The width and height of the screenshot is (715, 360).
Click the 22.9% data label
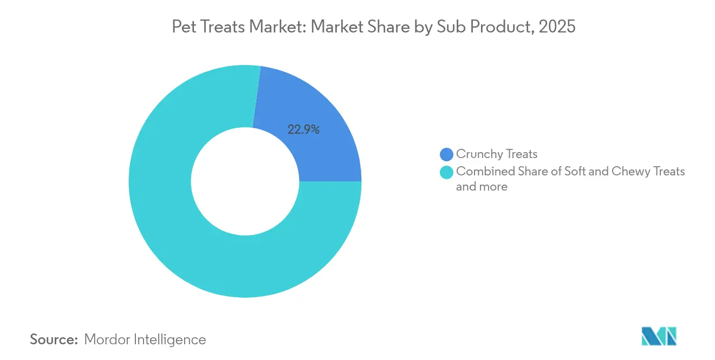tap(303, 129)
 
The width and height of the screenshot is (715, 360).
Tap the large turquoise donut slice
tap(179, 217)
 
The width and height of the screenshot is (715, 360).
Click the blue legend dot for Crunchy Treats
tap(446, 155)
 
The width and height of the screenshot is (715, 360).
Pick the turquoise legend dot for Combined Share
tap(446, 172)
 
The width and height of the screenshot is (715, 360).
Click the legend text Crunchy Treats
tap(496, 154)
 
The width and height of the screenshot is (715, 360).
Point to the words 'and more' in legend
tap(482, 187)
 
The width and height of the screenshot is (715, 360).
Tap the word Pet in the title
tap(182, 27)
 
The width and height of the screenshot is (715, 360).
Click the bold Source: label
tap(54, 339)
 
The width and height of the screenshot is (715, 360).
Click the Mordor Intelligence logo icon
tap(659, 336)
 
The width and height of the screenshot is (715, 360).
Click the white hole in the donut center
tap(245, 181)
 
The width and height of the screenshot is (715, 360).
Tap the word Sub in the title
tap(460, 27)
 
